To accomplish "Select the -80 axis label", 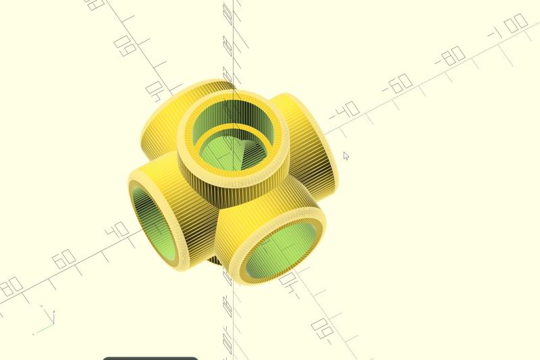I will pos(451,56).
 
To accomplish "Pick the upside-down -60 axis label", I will pos(323,329).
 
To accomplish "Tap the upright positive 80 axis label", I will pos(11,286).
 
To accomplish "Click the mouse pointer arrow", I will pos(346,157).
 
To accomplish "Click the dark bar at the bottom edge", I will pos(151,358).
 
